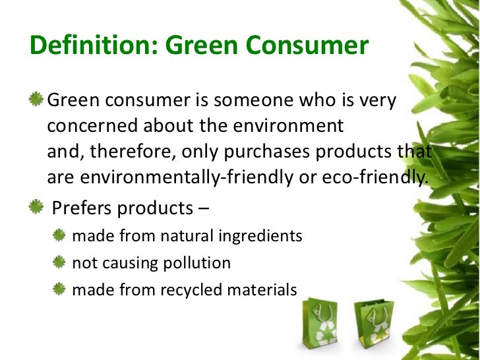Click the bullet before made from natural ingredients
[60, 235]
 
